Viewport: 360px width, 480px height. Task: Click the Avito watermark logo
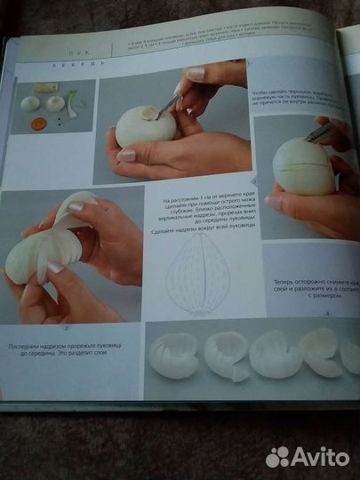point(307,455)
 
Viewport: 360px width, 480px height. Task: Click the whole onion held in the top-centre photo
point(146,127)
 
